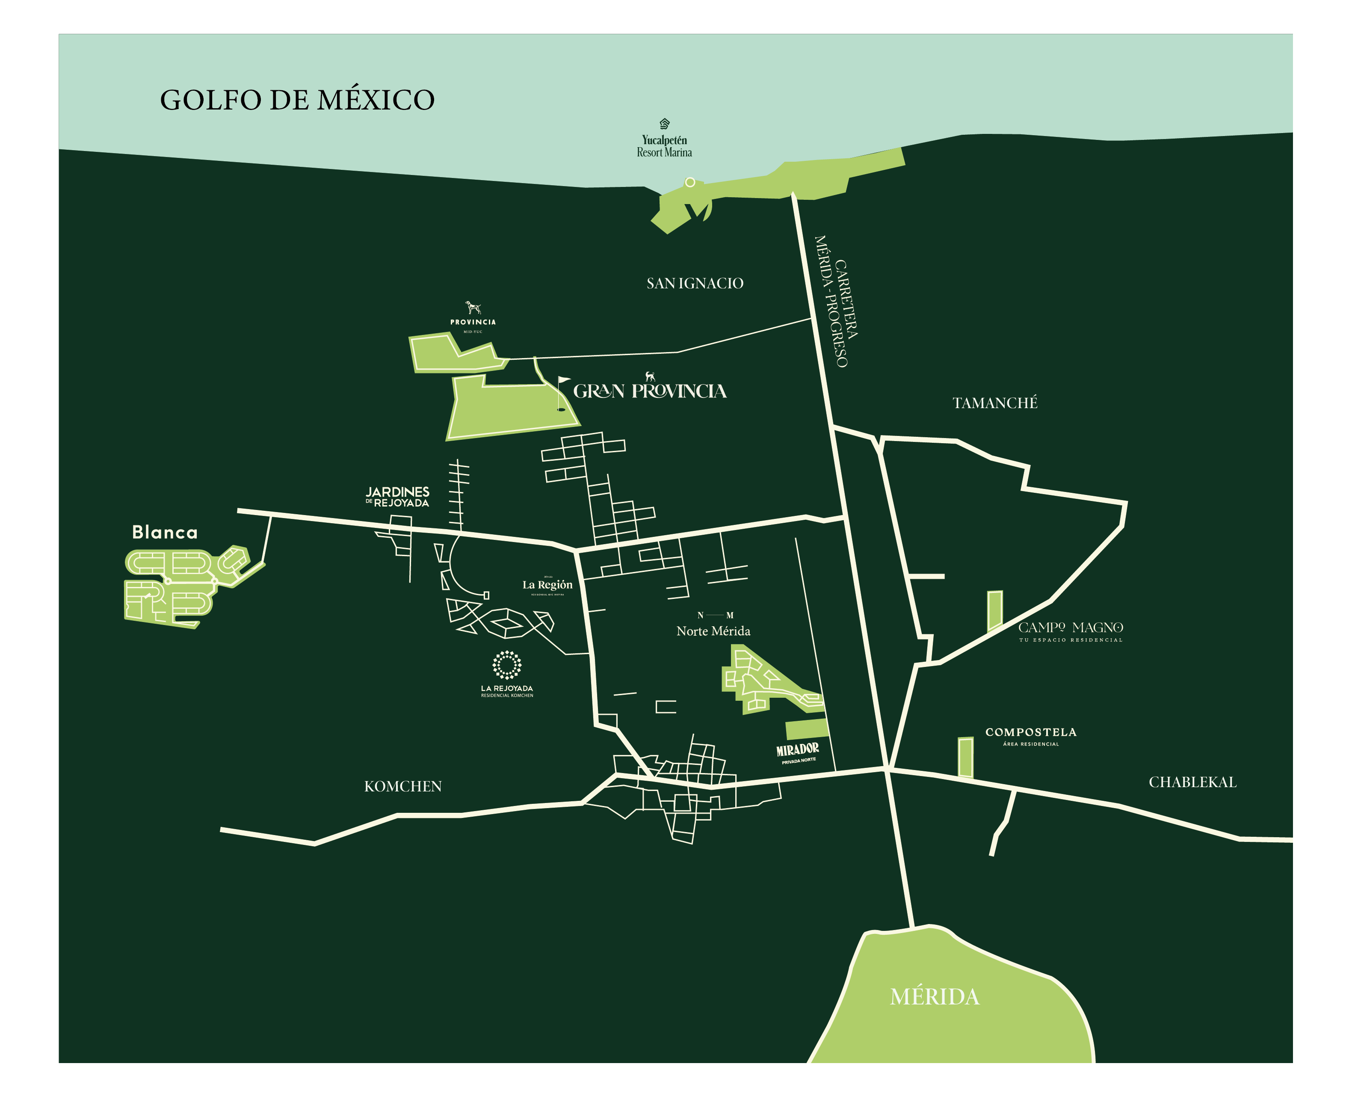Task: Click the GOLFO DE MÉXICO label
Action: click(297, 101)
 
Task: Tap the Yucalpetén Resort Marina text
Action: click(664, 146)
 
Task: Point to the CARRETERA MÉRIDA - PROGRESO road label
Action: click(836, 301)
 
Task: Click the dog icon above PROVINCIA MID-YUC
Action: click(472, 308)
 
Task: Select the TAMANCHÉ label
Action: click(994, 403)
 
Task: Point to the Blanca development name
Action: click(165, 532)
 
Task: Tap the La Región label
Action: click(547, 585)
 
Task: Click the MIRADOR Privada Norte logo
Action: click(797, 752)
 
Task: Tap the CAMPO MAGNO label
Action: click(1071, 628)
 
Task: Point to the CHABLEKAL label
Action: click(1192, 782)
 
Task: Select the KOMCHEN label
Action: click(403, 787)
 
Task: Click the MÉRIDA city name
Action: click(934, 997)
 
